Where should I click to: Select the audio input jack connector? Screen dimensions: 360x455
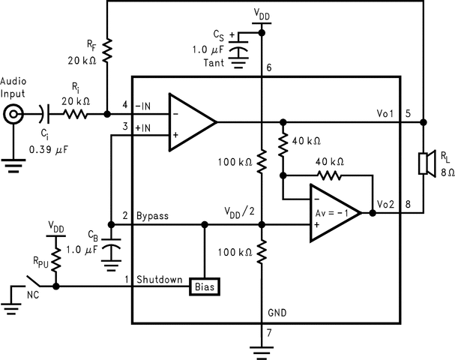point(13,115)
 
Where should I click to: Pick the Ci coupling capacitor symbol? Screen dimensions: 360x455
point(49,115)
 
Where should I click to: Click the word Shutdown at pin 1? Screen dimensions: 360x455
point(159,280)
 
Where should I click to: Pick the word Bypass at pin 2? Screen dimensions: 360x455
point(152,217)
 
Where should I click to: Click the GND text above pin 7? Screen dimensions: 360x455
point(277,313)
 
